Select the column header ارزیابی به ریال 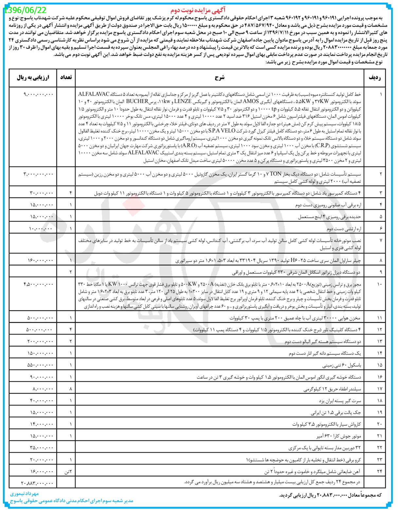pyautogui.click(x=33, y=77)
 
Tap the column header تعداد pyautogui.click(x=66, y=77)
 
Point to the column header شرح pyautogui.click(x=220, y=77)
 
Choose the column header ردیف pyautogui.click(x=375, y=77)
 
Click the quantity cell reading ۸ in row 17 pyautogui.click(x=71, y=389)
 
